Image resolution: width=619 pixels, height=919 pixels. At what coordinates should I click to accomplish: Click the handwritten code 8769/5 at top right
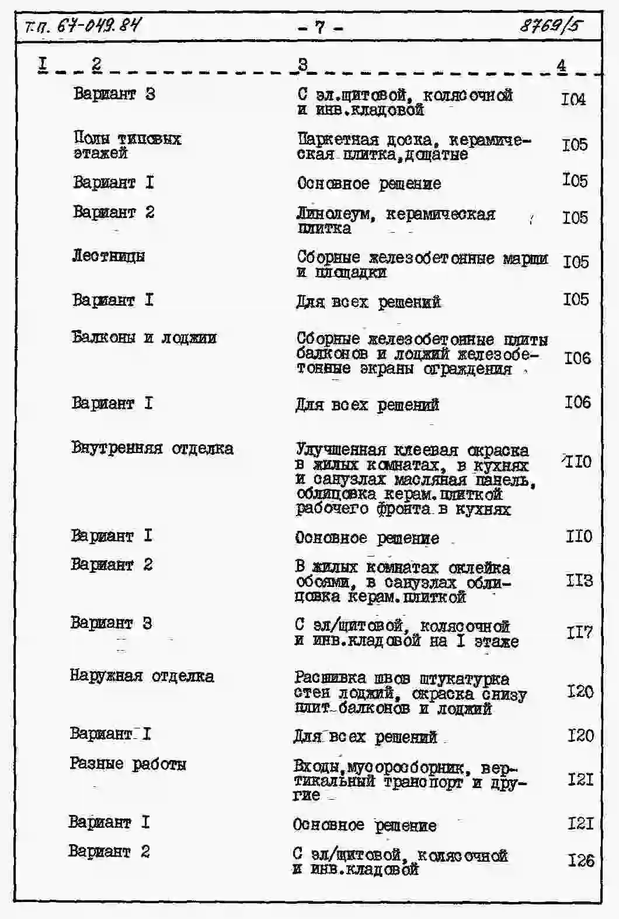pos(551,26)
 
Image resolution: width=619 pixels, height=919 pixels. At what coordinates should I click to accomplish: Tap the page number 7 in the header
pos(319,27)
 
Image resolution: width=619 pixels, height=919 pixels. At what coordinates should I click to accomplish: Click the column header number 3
pos(302,64)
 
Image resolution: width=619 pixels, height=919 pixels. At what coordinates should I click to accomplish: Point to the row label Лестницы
pos(109,255)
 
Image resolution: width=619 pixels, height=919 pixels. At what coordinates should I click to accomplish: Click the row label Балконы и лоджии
pos(144,337)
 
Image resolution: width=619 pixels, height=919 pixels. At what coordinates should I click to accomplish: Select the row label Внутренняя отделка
pos(152,448)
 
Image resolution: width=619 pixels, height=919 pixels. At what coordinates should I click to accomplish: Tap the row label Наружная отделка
pos(142,676)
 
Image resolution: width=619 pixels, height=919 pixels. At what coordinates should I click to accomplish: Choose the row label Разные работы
pos(128,763)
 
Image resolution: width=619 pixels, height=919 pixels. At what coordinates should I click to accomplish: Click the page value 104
pos(573,99)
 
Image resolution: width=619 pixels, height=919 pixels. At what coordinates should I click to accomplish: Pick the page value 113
pos(579,580)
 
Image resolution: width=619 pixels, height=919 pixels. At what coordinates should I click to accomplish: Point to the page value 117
pos(579,632)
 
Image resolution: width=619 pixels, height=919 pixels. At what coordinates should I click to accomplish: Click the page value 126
pos(580,860)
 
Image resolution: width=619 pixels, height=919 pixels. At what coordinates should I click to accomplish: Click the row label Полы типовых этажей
pos(127,146)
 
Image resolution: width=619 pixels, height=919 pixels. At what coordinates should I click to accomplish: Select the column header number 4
pos(561,65)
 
